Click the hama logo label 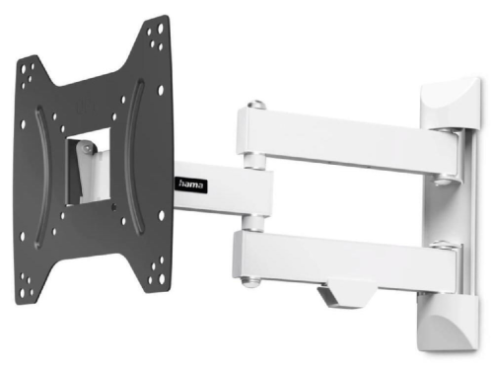pyautogui.click(x=192, y=182)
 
